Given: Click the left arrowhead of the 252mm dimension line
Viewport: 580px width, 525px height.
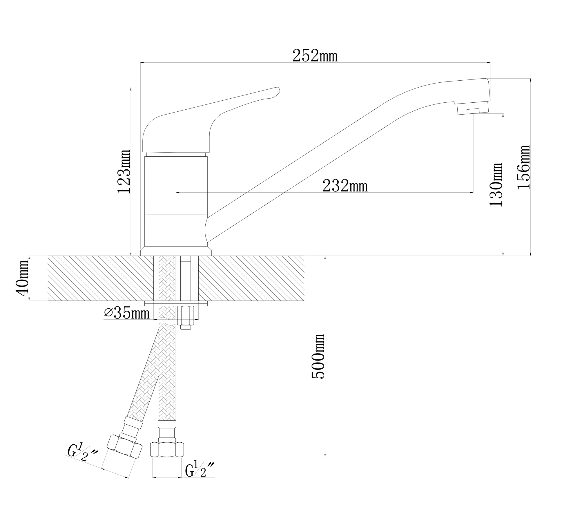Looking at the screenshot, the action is point(142,62).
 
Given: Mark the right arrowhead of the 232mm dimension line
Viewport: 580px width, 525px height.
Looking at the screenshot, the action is point(472,192).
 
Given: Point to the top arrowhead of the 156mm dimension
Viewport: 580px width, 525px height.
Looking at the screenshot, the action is point(530,80).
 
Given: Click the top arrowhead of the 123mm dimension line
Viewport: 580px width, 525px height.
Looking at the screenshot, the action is point(131,89).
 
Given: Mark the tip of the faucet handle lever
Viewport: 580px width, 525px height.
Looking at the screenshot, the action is point(279,88).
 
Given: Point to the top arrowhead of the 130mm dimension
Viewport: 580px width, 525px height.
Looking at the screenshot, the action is point(503,115).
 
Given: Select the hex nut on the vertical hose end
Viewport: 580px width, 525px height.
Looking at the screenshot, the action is point(167,450).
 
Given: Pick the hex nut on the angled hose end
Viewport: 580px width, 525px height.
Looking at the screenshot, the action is point(124,446).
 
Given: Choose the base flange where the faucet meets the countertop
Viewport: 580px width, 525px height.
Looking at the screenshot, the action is point(176,251).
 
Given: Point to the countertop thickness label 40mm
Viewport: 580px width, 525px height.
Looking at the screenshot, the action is point(23,278).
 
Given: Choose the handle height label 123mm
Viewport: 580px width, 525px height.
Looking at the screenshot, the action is point(124,171).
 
